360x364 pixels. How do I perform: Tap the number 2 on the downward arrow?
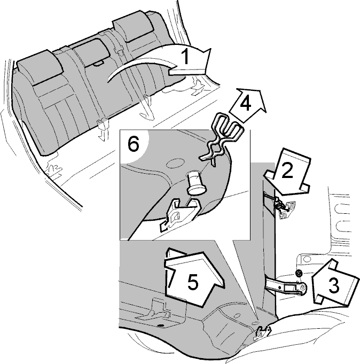tap(287, 171)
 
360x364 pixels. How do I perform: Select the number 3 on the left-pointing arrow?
tap(334, 285)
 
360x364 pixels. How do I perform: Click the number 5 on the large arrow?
tap(193, 282)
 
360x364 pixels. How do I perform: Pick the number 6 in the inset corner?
tap(134, 145)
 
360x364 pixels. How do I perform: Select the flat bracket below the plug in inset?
tap(178, 214)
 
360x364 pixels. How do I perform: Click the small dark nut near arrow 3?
tap(299, 273)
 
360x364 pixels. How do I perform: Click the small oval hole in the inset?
tap(175, 162)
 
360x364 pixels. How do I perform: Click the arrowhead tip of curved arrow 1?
tap(212, 49)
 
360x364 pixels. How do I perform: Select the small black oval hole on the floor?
tap(160, 326)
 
